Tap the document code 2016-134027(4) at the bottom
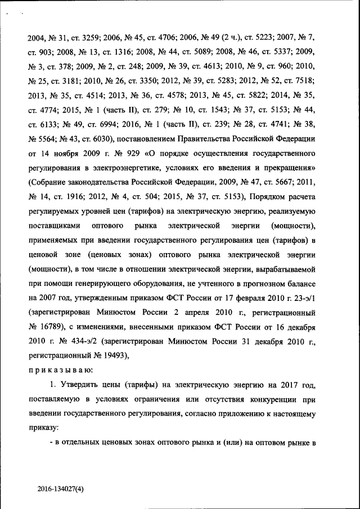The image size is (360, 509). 62,489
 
